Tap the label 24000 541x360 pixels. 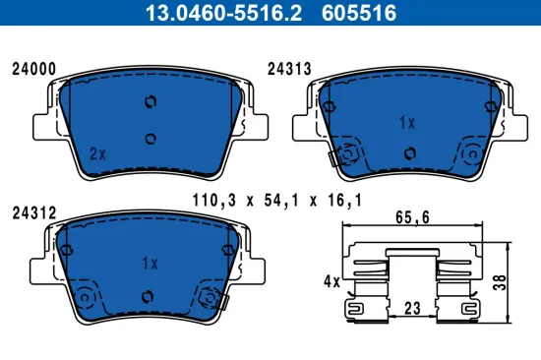pyautogui.click(x=32, y=69)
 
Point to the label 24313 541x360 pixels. pyautogui.click(x=289, y=69)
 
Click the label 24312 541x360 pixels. pyautogui.click(x=32, y=211)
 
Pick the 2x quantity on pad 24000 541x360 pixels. pyautogui.click(x=96, y=153)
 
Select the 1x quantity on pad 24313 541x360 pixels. pyautogui.click(x=406, y=122)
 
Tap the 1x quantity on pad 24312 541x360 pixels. pyautogui.click(x=150, y=264)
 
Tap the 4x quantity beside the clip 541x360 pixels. pyautogui.click(x=330, y=281)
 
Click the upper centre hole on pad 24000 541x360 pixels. pyautogui.click(x=150, y=102)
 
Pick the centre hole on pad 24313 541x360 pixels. pyautogui.click(x=408, y=151)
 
